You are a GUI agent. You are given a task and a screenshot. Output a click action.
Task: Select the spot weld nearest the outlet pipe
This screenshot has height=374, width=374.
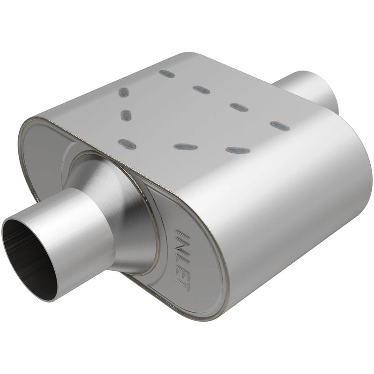tap(278, 125)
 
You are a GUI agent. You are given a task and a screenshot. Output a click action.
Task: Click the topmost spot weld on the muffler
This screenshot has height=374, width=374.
tap(166, 73)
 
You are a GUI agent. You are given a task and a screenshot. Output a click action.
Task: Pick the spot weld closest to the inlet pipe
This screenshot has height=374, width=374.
tap(127, 144)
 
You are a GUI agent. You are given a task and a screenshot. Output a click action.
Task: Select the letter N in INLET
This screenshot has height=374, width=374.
tap(182, 242)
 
